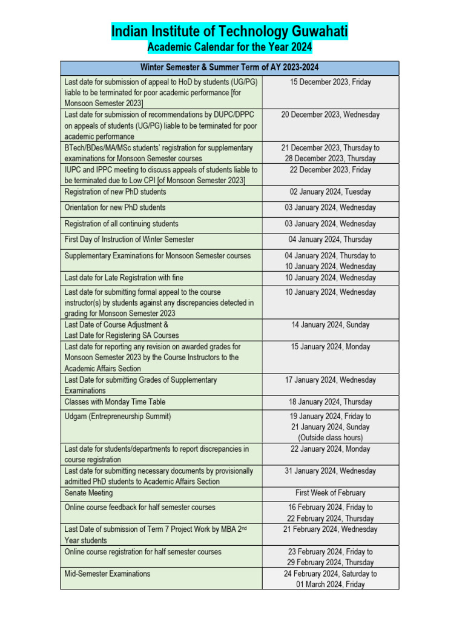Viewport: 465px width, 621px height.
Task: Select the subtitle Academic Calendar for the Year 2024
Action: click(x=230, y=48)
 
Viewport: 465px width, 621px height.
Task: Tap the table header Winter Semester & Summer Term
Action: click(x=229, y=67)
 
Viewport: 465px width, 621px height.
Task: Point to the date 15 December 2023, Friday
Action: click(x=330, y=82)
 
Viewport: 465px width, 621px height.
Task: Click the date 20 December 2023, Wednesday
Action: click(x=330, y=115)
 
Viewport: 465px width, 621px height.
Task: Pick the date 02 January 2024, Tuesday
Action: click(x=330, y=192)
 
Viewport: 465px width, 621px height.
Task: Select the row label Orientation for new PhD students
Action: click(x=115, y=207)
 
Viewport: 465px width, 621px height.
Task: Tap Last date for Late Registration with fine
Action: click(x=121, y=278)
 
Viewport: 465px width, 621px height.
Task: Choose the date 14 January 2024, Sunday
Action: click(x=330, y=325)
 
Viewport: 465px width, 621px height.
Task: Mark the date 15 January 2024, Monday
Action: click(x=330, y=347)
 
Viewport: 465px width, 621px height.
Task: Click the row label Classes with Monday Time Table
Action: click(x=115, y=402)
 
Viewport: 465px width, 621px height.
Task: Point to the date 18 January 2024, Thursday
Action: click(x=330, y=402)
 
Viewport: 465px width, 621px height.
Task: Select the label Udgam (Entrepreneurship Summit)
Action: click(x=118, y=417)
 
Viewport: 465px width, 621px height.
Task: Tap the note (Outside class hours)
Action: click(x=330, y=438)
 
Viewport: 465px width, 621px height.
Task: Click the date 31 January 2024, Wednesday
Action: click(x=330, y=471)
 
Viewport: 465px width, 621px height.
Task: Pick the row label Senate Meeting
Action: click(x=88, y=493)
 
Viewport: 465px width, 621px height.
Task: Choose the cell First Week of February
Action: click(x=330, y=493)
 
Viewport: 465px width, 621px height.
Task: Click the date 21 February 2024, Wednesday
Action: click(x=330, y=529)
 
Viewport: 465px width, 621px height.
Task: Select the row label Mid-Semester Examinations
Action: click(x=108, y=573)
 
